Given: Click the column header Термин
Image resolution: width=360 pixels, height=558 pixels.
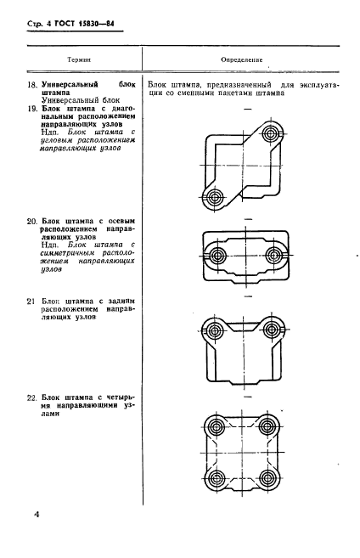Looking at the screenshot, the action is (x=79, y=59).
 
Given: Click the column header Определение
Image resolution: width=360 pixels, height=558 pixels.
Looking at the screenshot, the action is (x=241, y=59).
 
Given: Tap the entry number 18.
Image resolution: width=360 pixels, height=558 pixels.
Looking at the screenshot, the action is (x=32, y=85).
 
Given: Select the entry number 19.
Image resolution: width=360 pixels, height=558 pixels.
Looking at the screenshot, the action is (x=32, y=109).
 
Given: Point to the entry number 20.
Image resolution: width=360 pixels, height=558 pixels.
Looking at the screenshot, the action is (x=32, y=222).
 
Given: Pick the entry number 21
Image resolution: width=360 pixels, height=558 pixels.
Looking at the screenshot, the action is (x=31, y=302).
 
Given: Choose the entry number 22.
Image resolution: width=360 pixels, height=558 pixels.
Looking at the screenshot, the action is (x=32, y=397).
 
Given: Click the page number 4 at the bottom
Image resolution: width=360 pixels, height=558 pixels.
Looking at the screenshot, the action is (x=36, y=515).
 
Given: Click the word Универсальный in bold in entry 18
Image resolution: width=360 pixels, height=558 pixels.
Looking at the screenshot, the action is (x=70, y=85).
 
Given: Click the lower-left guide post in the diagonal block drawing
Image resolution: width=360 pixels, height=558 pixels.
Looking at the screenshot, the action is (x=215, y=197).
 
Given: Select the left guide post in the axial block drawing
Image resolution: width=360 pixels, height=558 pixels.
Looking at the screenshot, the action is (x=216, y=255).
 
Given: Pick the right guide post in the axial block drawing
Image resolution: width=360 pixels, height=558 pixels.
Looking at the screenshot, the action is (x=273, y=255).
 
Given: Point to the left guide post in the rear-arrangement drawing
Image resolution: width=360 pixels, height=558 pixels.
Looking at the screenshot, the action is (x=215, y=330).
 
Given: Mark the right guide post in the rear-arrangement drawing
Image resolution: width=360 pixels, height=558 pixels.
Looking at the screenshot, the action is (x=272, y=330).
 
